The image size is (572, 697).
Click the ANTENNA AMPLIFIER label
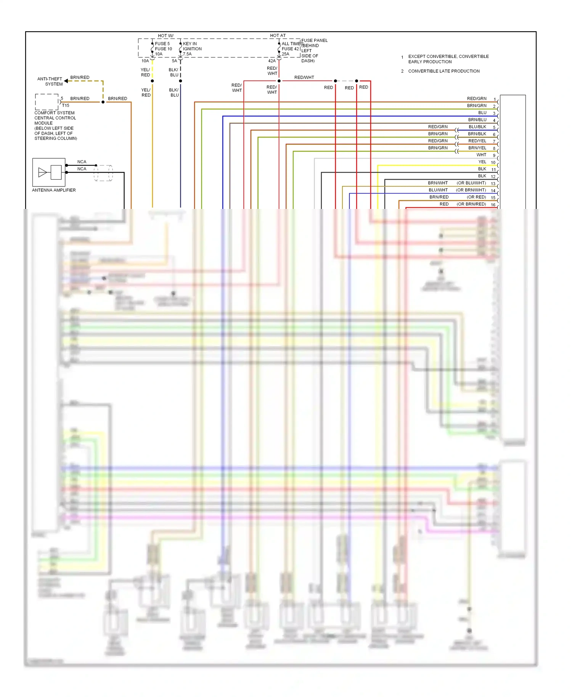(54, 190)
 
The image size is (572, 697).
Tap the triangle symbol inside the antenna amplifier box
(42, 172)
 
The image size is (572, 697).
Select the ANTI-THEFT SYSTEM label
(50, 81)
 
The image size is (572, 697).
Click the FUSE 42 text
(290, 49)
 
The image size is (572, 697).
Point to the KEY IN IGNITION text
(192, 46)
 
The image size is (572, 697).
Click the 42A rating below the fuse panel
(272, 61)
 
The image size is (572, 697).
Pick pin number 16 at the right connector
(493, 205)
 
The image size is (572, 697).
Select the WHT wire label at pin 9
(481, 155)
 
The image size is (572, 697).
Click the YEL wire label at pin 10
(482, 162)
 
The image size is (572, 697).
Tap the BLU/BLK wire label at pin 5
(477, 127)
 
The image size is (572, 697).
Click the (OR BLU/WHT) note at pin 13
(471, 183)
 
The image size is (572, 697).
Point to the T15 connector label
(66, 105)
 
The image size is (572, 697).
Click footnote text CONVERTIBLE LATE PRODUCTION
(444, 71)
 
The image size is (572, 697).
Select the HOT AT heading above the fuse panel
(278, 35)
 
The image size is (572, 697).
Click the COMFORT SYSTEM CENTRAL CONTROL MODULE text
(55, 118)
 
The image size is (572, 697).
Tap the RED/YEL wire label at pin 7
(477, 141)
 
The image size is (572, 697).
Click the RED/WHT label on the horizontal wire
(304, 77)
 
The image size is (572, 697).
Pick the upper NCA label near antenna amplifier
(82, 162)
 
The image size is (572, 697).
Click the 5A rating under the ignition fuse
(174, 61)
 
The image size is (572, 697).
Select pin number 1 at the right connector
(495, 100)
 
